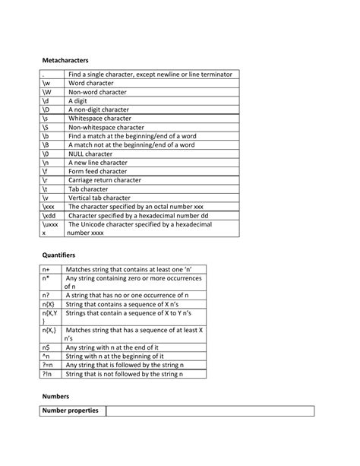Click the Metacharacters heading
(x=65, y=59)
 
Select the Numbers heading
(x=55, y=396)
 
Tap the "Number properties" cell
(x=71, y=411)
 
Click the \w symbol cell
(x=46, y=83)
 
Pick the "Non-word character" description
(x=97, y=91)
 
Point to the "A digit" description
(x=79, y=100)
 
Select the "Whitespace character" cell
(x=99, y=118)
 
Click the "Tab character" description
(x=89, y=188)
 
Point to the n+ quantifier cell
(x=46, y=269)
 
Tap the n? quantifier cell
(x=46, y=295)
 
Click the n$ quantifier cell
(x=46, y=347)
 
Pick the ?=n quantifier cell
(x=47, y=365)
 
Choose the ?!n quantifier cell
(x=47, y=374)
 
